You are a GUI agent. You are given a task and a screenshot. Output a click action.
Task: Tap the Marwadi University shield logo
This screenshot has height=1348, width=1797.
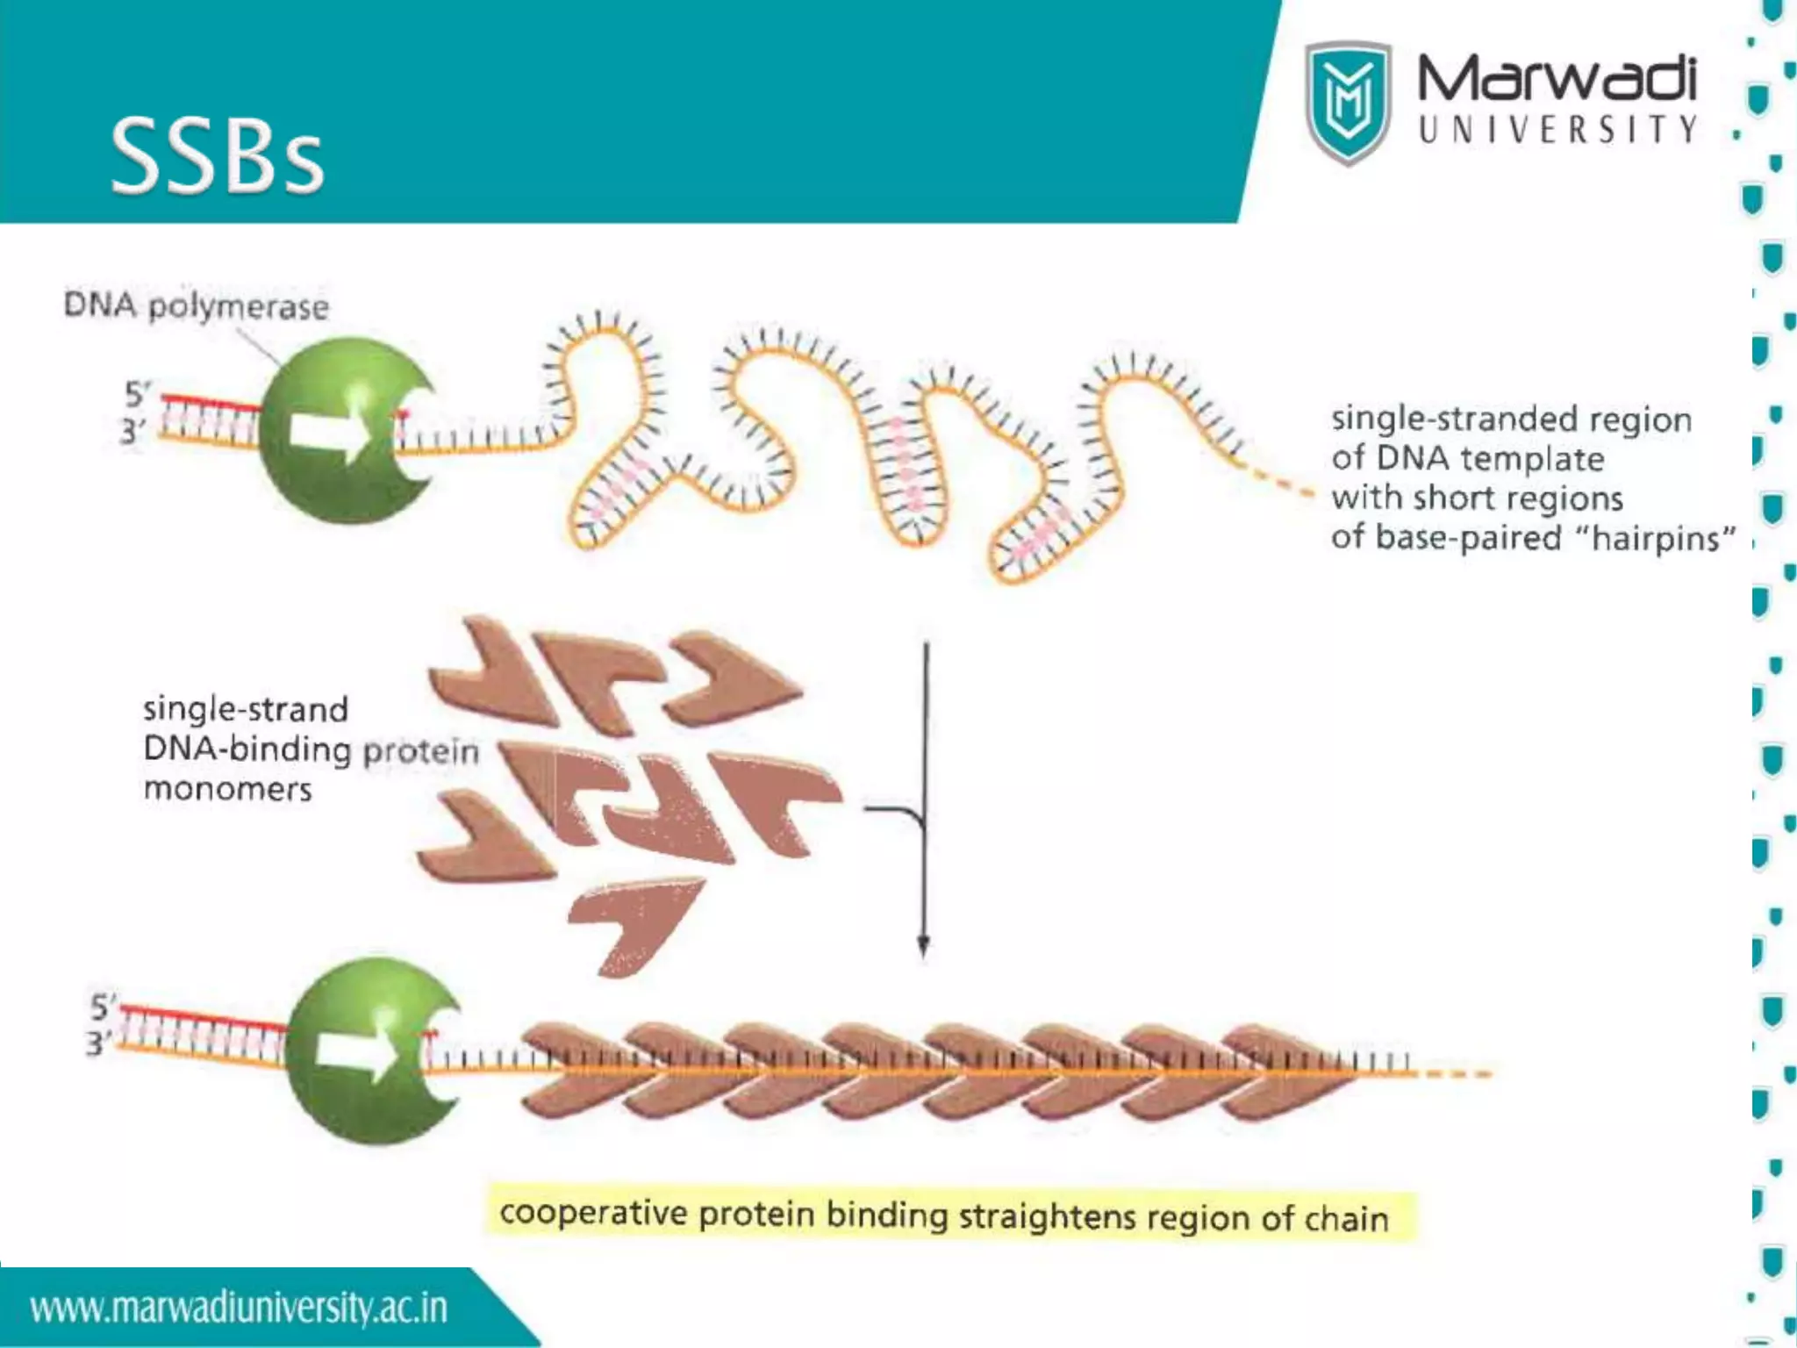(1348, 103)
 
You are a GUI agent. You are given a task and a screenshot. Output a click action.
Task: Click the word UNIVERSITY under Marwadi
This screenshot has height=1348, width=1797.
(1557, 130)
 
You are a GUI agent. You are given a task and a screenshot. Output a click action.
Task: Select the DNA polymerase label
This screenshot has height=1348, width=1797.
(196, 306)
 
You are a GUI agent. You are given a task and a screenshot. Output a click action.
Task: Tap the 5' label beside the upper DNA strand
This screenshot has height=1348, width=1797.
(137, 394)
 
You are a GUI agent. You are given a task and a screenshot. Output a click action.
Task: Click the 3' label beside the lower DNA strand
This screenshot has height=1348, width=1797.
(98, 1043)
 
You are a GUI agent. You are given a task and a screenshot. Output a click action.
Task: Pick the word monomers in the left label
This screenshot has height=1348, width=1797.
(227, 788)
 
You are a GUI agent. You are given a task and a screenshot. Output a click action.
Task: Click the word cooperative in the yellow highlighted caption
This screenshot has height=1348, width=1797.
(593, 1213)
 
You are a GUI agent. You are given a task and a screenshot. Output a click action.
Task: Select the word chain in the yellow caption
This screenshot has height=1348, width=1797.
(1346, 1218)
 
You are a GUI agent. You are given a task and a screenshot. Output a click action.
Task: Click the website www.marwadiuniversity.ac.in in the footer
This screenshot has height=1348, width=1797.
(239, 1308)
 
